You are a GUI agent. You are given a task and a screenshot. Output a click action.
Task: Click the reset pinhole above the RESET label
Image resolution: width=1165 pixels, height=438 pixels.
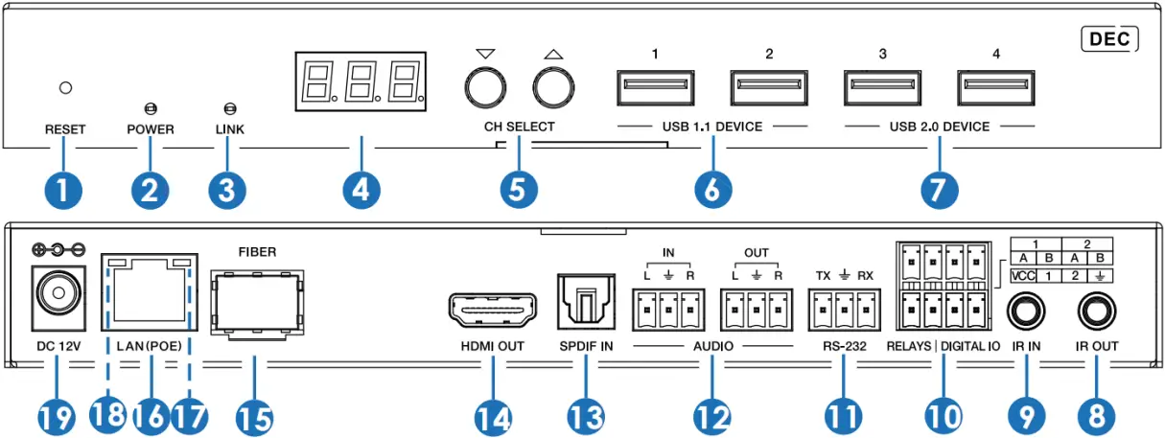65,88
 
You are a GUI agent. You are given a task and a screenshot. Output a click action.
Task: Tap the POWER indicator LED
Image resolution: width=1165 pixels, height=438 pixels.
151,108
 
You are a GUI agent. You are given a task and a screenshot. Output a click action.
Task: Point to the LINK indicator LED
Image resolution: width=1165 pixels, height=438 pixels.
228,108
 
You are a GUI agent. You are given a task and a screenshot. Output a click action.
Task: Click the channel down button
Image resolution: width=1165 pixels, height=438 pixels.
485,88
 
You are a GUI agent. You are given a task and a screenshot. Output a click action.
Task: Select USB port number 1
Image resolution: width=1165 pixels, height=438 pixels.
654,89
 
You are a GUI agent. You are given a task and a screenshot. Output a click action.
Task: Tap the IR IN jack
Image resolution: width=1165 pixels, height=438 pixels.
1025,311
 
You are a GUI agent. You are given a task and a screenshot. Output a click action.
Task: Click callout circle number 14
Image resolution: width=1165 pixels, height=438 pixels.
493,416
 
